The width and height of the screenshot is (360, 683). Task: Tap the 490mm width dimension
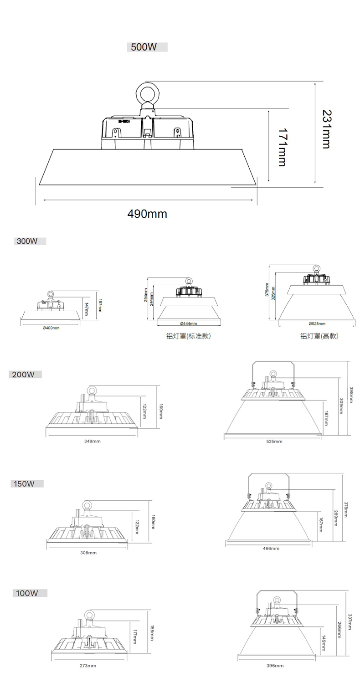pos(147,213)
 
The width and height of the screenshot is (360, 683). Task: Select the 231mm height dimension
pos(326,129)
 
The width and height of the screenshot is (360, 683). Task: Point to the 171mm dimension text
pos(282,147)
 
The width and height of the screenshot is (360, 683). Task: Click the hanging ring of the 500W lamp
pos(147,94)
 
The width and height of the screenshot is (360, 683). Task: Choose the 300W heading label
pos(27,241)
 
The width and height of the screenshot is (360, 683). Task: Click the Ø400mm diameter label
pos(51,328)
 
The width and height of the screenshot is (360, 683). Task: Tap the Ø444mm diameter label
pos(189,324)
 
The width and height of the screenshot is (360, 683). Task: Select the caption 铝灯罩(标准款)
pos(188,336)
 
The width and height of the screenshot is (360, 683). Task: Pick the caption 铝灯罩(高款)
pos(319,336)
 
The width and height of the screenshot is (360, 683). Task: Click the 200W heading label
pos(24,375)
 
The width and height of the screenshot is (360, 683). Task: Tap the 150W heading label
pos(24,483)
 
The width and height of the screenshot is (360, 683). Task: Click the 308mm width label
pos(88,553)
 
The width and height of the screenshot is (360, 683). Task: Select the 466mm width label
pos(271,548)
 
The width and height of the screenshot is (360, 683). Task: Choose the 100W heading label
pos(27,593)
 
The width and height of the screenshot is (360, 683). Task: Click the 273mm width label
pos(87,666)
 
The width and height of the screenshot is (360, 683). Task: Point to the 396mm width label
pos(275,666)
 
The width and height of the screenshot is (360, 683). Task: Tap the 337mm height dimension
pos(350,622)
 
